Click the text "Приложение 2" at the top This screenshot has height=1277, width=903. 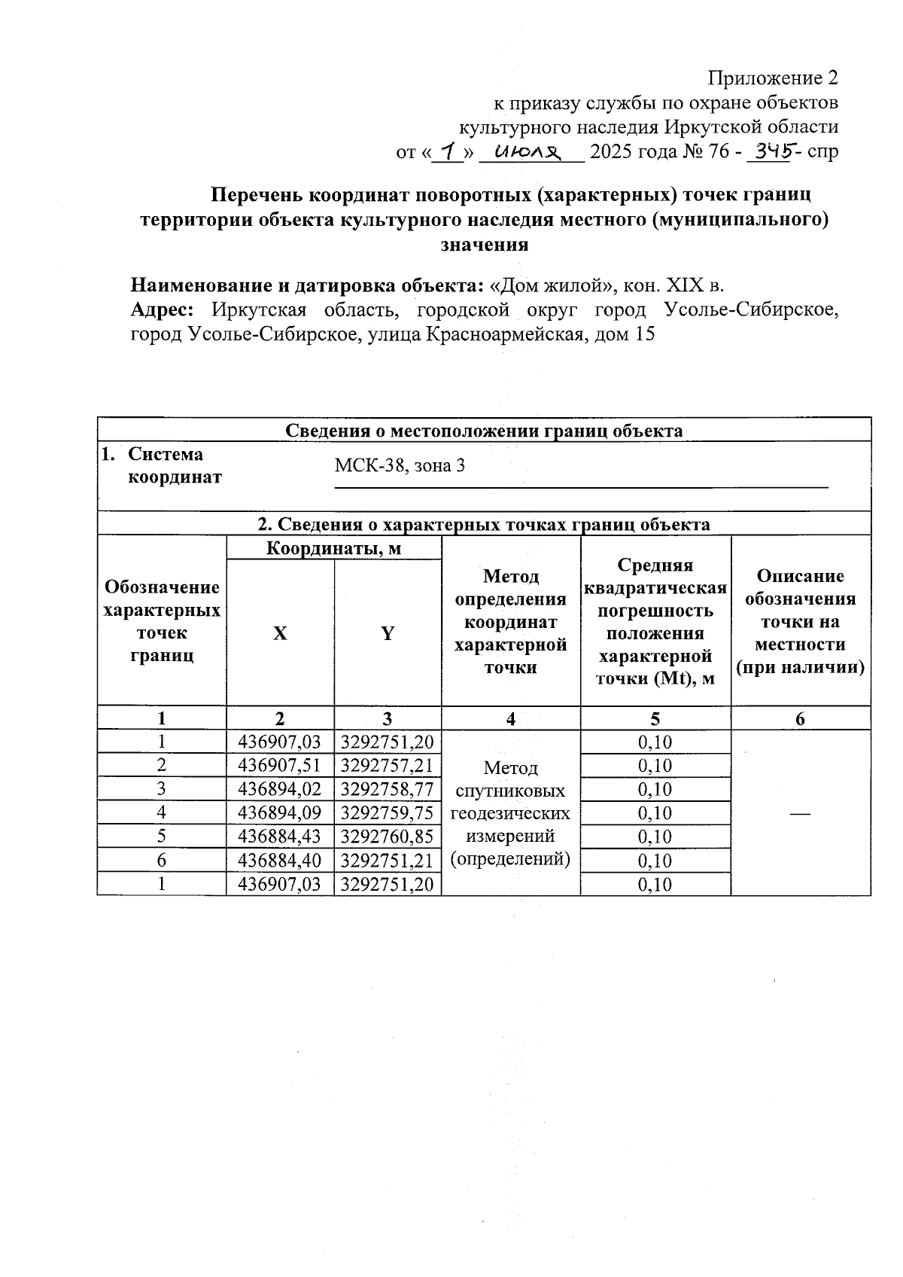tap(773, 78)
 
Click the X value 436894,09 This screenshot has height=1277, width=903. tap(279, 813)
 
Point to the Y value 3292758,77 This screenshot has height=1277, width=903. tap(388, 789)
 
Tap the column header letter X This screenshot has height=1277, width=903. tap(280, 634)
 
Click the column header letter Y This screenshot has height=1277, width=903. tap(388, 634)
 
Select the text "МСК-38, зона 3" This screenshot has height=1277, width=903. tap(400, 466)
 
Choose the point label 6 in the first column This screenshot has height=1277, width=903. tap(161, 861)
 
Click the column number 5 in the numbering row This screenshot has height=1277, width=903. tap(655, 719)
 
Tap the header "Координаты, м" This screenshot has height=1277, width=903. tap(333, 549)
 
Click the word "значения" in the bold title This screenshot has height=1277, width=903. tap(484, 245)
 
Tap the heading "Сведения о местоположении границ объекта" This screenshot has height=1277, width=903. tap(484, 431)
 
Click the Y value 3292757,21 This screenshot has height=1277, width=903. tap(388, 766)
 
